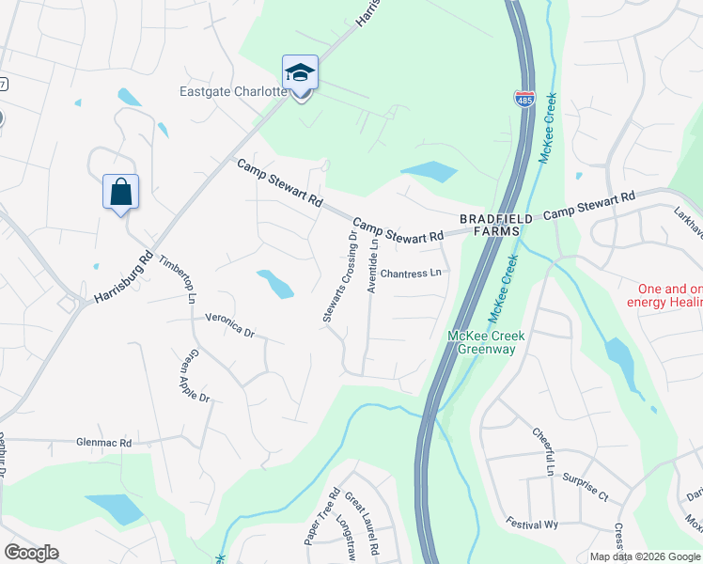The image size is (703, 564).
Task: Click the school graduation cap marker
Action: [x=301, y=73]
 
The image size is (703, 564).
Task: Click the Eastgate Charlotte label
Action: [x=233, y=92]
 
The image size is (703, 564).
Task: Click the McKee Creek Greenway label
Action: [x=487, y=342]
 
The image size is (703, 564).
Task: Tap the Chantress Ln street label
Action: [x=411, y=274]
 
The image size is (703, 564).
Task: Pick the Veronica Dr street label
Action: [x=230, y=324]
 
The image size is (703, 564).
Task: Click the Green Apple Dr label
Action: [x=195, y=376]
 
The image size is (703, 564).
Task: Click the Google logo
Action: [x=32, y=553]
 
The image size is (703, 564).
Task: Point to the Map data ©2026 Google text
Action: [x=646, y=556]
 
